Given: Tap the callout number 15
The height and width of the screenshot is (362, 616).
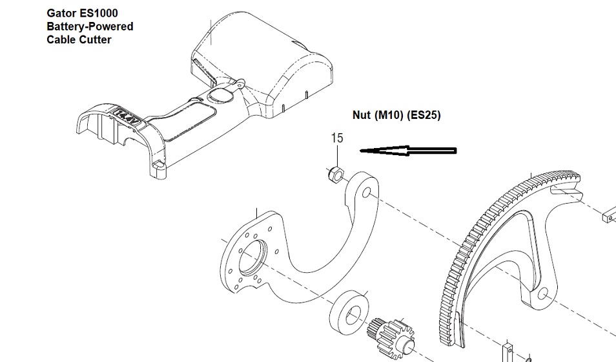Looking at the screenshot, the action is pos(337,138).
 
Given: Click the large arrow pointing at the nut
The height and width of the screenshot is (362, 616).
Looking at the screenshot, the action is pos(408,151).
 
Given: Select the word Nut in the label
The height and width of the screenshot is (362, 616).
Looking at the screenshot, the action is pos(362,115).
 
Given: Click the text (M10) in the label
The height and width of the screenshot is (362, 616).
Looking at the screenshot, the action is pos(389,115).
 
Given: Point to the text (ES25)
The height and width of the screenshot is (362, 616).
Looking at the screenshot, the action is pos(424,115).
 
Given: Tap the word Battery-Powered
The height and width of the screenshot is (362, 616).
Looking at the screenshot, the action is pos(90,27).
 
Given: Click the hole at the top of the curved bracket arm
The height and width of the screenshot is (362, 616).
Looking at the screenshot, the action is pos(367,192).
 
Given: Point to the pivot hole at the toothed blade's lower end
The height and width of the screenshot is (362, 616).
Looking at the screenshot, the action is pos(542,293).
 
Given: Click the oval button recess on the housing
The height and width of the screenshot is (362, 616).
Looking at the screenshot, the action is pos(220,94).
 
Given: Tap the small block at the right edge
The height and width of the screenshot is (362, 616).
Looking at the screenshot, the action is pos(609,215).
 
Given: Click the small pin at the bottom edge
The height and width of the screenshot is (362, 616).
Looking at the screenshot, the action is pos(508,352).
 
